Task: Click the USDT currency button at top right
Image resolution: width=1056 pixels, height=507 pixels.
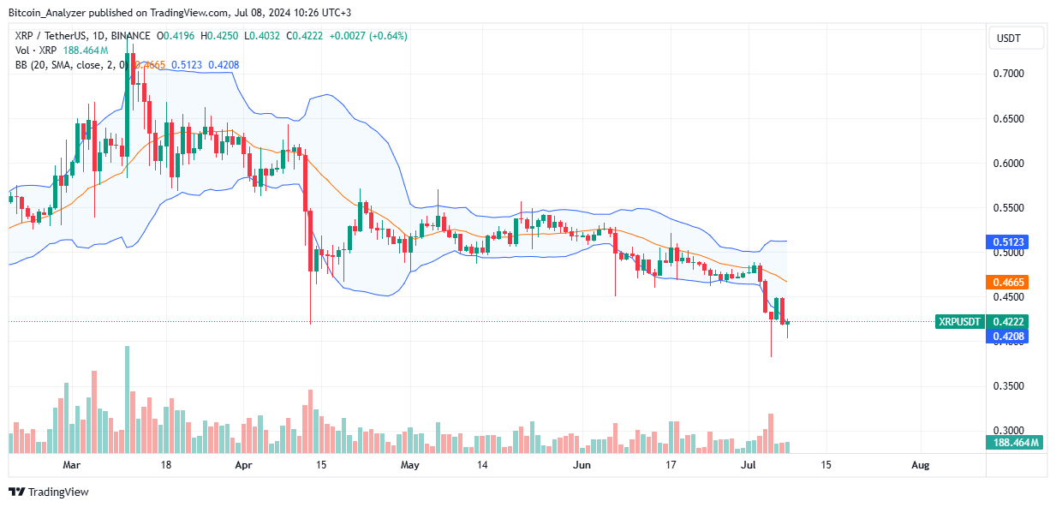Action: coord(1017,38)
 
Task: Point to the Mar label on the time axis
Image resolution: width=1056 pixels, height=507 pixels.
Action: coord(72,465)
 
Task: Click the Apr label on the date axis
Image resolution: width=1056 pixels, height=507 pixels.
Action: coord(244,465)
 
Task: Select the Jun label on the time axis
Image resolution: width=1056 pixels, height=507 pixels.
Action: coord(582,465)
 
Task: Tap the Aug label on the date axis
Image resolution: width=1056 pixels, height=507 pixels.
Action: coord(920,465)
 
